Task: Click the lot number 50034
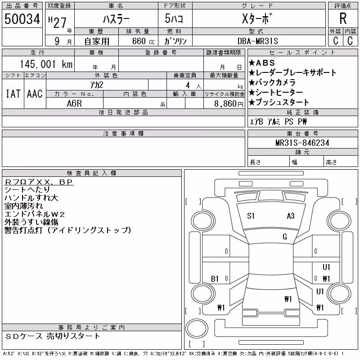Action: [x=22, y=19]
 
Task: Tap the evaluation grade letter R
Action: [x=343, y=18]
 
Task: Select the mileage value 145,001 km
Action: [x=46, y=64]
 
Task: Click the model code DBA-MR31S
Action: [x=257, y=41]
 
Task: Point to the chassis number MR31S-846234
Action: [x=302, y=143]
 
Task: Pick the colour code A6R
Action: [x=74, y=103]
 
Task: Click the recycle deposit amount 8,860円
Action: [x=229, y=104]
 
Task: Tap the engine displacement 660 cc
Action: [x=143, y=41]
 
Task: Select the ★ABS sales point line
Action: [x=262, y=63]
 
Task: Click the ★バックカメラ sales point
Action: [x=272, y=82]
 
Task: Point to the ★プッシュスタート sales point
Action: [x=279, y=102]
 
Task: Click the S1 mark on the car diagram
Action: [x=251, y=216]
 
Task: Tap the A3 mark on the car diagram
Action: [x=291, y=216]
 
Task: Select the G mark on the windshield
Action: [x=285, y=237]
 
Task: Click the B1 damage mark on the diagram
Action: [x=215, y=279]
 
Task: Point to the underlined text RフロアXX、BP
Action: [x=39, y=182]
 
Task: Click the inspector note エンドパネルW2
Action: [x=35, y=214]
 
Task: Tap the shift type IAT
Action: [x=13, y=94]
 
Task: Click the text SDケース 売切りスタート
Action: [x=53, y=336]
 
